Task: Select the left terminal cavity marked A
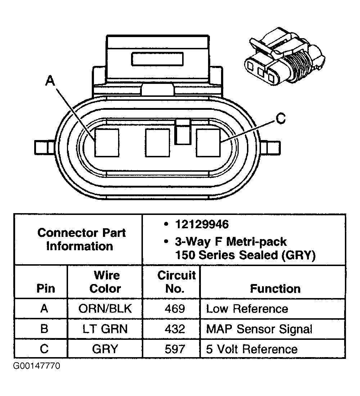[107, 143]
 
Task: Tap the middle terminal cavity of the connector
[157, 143]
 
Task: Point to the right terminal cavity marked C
[208, 143]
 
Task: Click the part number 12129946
[202, 225]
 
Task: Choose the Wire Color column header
[105, 282]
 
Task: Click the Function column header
[275, 288]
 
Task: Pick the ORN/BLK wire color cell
[105, 309]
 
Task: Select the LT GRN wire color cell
[105, 329]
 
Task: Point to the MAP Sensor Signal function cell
[259, 329]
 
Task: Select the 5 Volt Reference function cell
[252, 349]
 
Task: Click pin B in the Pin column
[44, 329]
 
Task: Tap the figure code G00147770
[37, 366]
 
